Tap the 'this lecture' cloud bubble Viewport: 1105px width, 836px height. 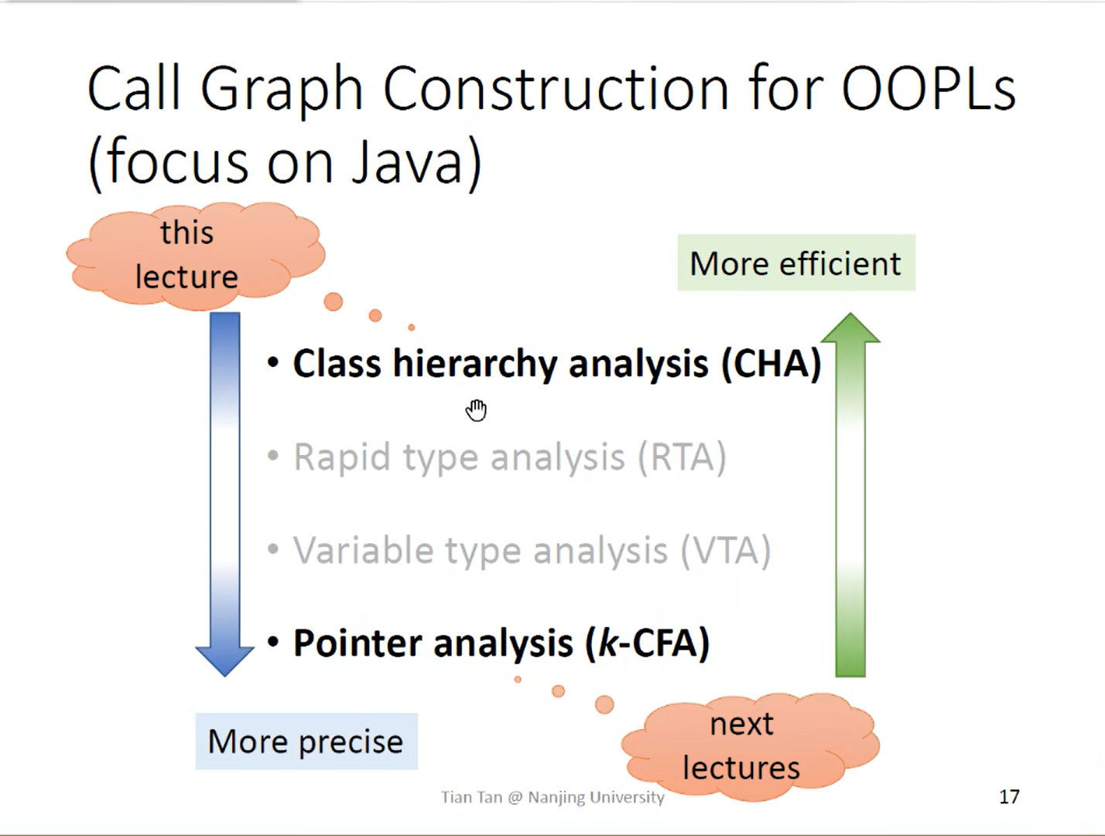[195, 256]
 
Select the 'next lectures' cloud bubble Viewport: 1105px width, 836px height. [750, 746]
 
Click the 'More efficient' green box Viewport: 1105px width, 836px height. [796, 262]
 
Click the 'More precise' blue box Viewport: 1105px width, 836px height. [306, 742]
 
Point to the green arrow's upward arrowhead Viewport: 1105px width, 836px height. [850, 328]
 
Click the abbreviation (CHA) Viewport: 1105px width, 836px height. [771, 364]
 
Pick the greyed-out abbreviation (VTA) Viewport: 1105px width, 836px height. [726, 550]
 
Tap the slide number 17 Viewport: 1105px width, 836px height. [1009, 797]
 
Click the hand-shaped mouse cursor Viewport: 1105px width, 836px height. [476, 410]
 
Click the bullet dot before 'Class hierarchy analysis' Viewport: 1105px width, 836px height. [273, 362]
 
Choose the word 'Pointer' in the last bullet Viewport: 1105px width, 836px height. [357, 643]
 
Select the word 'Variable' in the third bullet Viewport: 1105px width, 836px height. [364, 550]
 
